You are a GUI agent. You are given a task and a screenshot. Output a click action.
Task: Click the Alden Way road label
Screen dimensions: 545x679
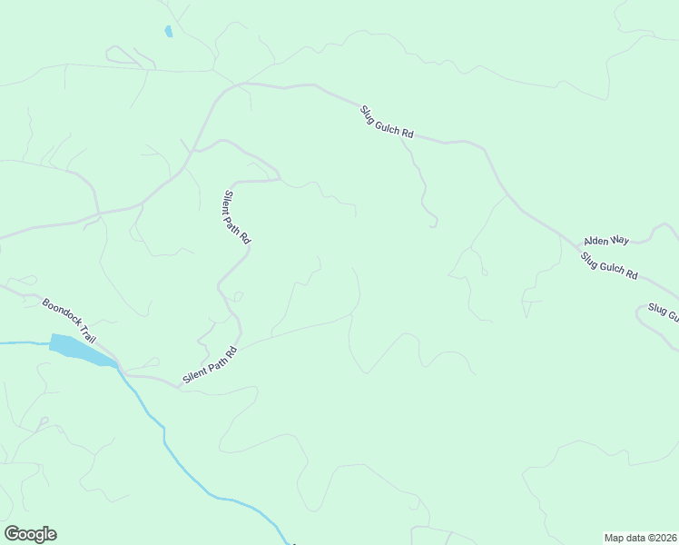tap(606, 241)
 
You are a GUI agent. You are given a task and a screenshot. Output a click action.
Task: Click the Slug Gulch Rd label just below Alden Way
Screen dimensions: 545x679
tap(609, 265)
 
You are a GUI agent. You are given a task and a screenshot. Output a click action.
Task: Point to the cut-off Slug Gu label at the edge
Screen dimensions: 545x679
tap(662, 312)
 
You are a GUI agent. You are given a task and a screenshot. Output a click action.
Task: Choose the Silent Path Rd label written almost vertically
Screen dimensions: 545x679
tap(236, 216)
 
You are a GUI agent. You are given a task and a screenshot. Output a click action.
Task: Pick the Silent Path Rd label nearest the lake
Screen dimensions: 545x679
tap(210, 364)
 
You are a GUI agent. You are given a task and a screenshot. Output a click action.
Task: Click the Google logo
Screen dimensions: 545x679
tap(30, 534)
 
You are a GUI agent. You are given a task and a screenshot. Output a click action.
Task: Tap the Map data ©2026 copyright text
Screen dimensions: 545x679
tap(641, 537)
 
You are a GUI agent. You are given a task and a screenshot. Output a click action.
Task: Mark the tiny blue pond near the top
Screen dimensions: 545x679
tap(169, 32)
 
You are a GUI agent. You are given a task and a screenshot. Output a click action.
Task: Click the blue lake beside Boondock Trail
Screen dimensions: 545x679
tap(77, 349)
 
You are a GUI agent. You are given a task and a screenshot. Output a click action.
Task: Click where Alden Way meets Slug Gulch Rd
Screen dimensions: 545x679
tap(582, 245)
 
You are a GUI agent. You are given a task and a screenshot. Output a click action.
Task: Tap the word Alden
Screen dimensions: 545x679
tap(598, 241)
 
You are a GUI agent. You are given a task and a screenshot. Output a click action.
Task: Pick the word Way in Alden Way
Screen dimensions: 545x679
tap(620, 241)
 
